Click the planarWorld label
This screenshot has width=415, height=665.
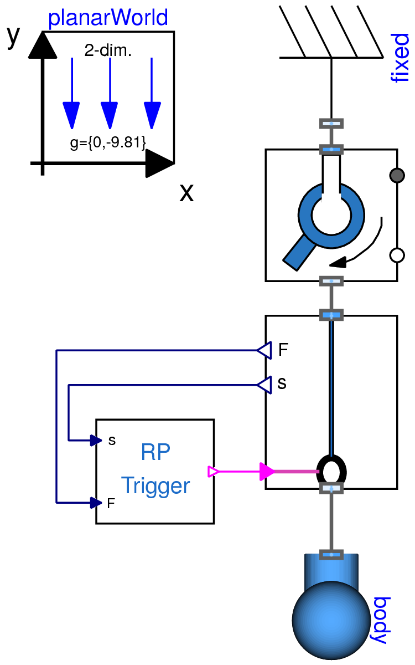coord(108,18)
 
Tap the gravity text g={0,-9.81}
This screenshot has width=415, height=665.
coord(108,143)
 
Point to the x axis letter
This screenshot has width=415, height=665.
coord(186,192)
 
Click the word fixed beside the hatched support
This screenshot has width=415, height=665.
coord(400,58)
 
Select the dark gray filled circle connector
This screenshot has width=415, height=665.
coord(397,176)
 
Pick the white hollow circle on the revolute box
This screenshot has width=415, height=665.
coord(397,255)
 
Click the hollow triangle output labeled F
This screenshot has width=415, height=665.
coord(264,350)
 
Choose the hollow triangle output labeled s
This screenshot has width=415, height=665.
coord(264,384)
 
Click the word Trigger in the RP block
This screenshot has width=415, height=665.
coord(155,485)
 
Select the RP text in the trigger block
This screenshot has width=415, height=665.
coord(155,453)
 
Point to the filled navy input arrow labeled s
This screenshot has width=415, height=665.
coord(96,441)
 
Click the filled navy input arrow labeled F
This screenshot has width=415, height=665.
coord(96,503)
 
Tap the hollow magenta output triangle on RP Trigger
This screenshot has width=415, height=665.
coord(213,472)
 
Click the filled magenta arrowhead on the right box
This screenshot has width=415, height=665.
coord(267,472)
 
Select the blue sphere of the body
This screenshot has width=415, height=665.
coord(331,619)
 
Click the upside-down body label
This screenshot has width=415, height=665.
coord(381,621)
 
